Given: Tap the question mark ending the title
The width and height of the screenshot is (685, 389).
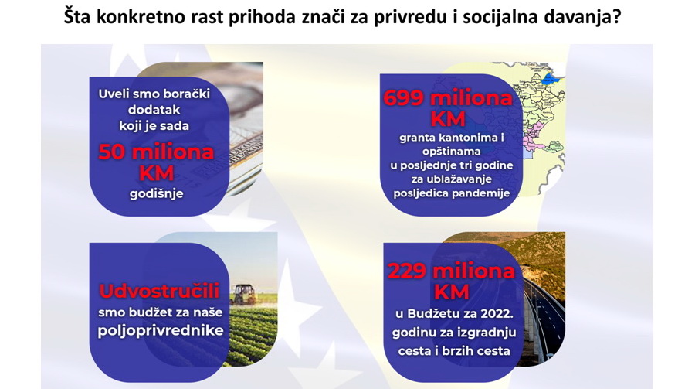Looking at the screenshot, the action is (616, 17).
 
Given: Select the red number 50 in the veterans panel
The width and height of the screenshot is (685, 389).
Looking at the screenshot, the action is (112, 152).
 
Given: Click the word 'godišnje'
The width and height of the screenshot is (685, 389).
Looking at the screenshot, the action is (157, 194).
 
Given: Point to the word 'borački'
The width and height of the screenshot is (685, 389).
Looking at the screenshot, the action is (187, 94).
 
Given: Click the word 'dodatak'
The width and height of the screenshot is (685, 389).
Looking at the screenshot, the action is (154, 110).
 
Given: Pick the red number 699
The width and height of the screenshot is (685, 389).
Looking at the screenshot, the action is (403, 98).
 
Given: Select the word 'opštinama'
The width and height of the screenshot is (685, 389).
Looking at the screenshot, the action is (451, 152).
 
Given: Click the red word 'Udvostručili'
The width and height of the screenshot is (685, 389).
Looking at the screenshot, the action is (159, 292).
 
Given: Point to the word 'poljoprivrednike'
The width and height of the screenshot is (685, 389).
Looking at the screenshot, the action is (161, 331).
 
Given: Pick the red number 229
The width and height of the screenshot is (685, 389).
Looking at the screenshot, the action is (407, 271).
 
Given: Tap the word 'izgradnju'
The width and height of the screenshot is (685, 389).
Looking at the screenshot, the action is (487, 333).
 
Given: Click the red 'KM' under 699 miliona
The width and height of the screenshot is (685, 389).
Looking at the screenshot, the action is (448, 119).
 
